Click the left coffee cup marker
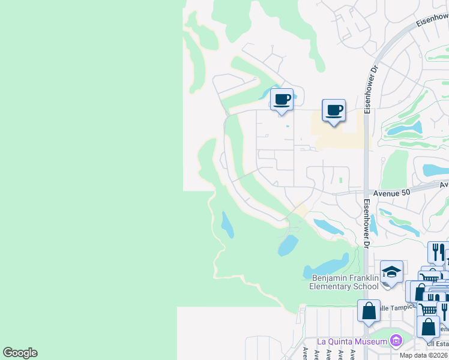coord(282,99)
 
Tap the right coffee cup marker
coord(334,110)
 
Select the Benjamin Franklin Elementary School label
coord(345,282)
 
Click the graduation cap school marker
coord(391,272)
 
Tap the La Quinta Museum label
coord(353,341)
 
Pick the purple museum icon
coord(396,341)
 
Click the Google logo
coord(20,352)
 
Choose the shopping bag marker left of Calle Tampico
coord(369,311)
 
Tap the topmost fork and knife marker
coord(438,251)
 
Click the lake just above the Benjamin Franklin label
coord(327,264)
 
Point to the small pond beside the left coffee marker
coord(265,94)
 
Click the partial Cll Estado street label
coord(439,344)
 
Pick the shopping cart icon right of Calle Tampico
coord(427,309)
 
